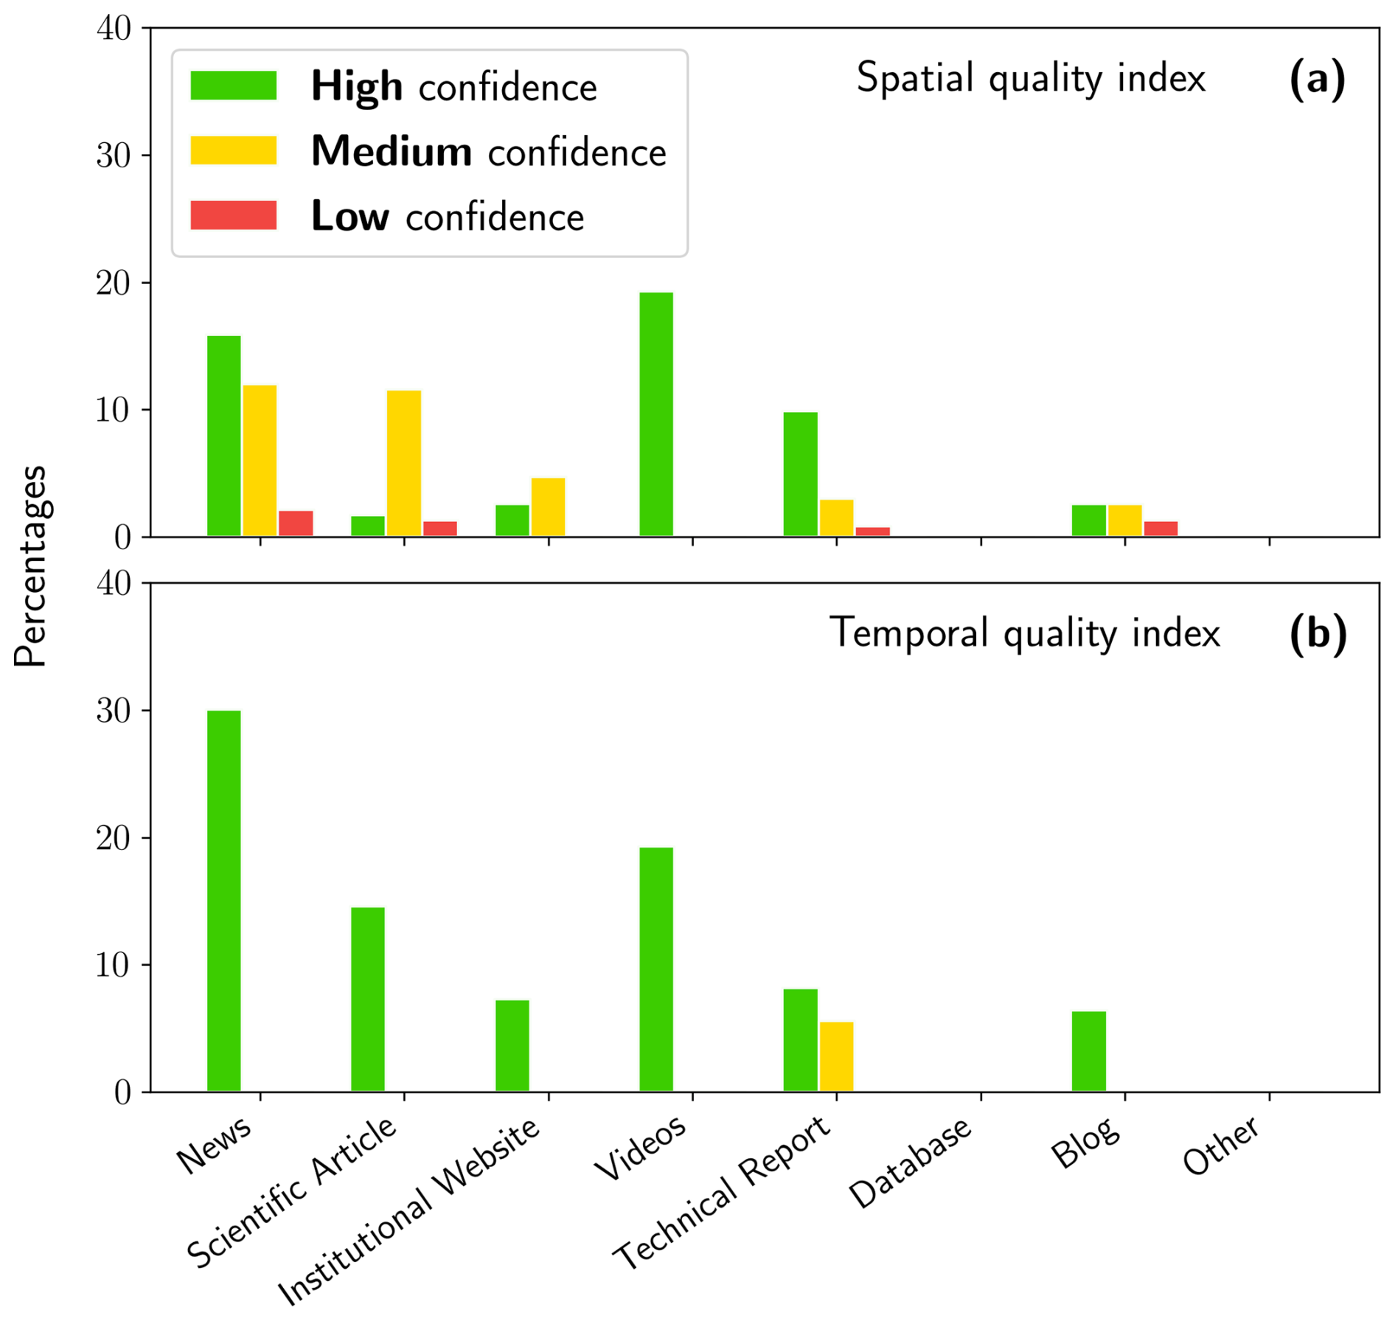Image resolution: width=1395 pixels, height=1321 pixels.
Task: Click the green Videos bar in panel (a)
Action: pos(655,414)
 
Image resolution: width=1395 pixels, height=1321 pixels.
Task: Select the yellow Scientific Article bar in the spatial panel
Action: pos(404,463)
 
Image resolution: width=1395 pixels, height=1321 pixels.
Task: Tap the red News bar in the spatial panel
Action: pos(296,523)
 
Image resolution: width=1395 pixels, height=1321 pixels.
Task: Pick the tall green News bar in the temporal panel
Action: pos(223,900)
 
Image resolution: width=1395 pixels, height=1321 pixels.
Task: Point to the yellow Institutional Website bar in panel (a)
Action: pos(548,507)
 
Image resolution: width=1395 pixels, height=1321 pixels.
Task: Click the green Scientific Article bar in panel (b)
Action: pos(368,999)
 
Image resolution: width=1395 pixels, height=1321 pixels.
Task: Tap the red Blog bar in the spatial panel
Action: pos(1161,529)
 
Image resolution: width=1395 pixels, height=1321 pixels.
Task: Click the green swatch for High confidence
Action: pos(233,86)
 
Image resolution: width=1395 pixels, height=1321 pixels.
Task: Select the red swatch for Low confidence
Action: pos(233,215)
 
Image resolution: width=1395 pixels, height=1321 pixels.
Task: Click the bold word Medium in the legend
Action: pos(392,152)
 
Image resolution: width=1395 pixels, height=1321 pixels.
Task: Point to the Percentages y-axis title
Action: pos(31,565)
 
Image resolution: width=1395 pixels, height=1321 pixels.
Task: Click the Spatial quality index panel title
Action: pos(1030,78)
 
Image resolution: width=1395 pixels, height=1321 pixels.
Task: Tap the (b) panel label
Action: pos(1318,634)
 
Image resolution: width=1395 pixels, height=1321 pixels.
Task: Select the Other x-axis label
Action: pos(1221,1147)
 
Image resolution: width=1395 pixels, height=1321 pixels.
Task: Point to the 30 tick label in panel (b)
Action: pos(114,711)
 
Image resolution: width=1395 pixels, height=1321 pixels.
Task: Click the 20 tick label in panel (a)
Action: pos(114,284)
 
